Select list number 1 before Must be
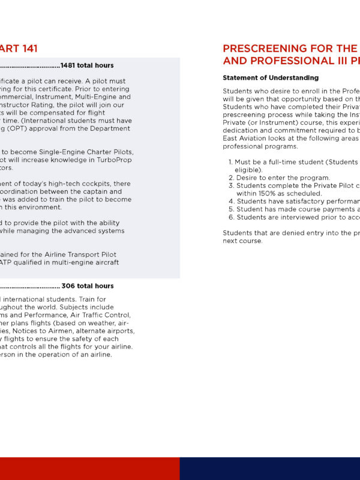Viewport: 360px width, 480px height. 230,162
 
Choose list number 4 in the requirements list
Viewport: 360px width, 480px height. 231,201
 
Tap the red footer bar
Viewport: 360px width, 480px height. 90,469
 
